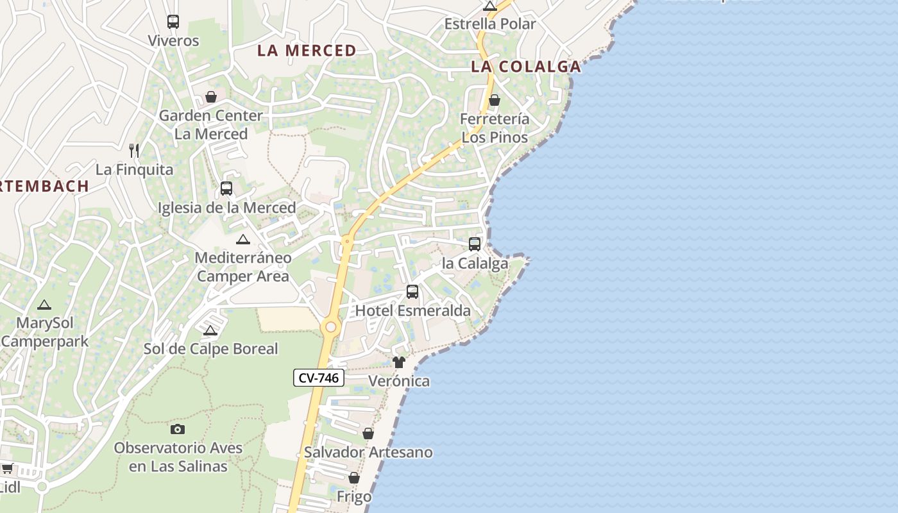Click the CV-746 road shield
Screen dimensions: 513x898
pyautogui.click(x=319, y=378)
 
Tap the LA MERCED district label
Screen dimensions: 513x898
pyautogui.click(x=307, y=51)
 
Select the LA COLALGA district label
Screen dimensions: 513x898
pyautogui.click(x=526, y=66)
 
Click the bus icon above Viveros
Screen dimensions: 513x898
pyautogui.click(x=173, y=22)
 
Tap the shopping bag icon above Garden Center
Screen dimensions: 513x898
pyautogui.click(x=210, y=97)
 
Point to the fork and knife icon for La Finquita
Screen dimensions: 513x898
pyautogui.click(x=134, y=151)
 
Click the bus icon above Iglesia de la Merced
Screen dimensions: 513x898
pyautogui.click(x=226, y=189)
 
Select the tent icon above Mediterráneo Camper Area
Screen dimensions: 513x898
pyautogui.click(x=242, y=239)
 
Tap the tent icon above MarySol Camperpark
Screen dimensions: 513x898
pyautogui.click(x=44, y=305)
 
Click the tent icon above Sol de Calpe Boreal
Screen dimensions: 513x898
pyautogui.click(x=210, y=330)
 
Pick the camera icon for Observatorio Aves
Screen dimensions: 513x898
pyautogui.click(x=178, y=429)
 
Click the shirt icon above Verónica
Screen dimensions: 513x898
pyautogui.click(x=399, y=362)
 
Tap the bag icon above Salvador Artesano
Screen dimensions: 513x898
pyautogui.click(x=368, y=433)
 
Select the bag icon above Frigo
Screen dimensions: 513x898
pyautogui.click(x=354, y=478)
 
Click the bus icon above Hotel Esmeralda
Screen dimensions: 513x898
pyautogui.click(x=412, y=292)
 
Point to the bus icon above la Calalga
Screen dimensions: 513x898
pyautogui.click(x=475, y=244)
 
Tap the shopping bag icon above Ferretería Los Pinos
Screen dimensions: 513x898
pyautogui.click(x=495, y=100)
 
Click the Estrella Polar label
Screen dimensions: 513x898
pyautogui.click(x=490, y=24)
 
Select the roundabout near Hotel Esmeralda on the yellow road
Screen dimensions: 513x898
pyautogui.click(x=330, y=327)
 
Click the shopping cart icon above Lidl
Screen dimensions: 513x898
pyautogui.click(x=8, y=468)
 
